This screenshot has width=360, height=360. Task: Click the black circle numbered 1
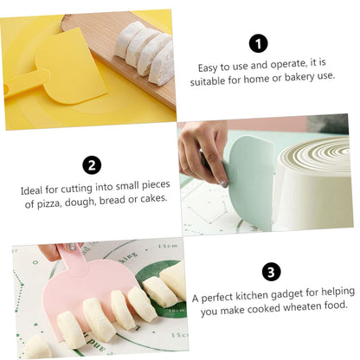258,44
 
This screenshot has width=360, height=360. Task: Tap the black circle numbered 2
92,165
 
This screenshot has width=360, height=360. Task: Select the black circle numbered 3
271,272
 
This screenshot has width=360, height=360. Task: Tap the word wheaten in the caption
302,307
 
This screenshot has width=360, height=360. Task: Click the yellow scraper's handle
26,83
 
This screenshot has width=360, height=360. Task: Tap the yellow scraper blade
72,67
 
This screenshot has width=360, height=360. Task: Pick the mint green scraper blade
251,182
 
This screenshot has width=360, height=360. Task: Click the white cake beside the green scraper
313,184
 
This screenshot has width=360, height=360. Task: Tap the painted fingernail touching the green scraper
224,183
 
